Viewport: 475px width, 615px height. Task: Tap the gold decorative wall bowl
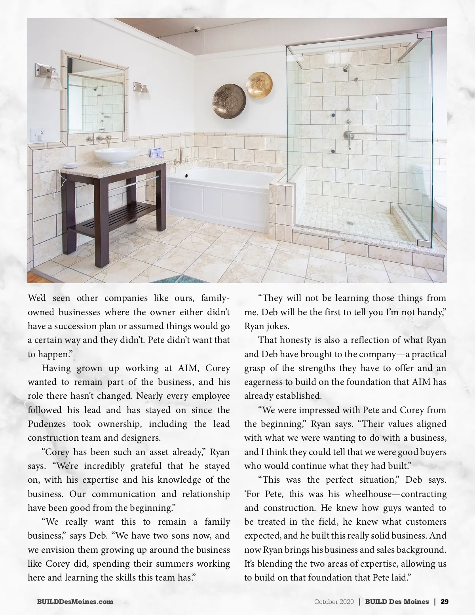[259, 84]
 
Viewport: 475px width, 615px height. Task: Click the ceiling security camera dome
[196, 29]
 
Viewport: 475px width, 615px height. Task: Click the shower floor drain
[350, 223]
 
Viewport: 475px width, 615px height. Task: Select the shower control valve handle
[350, 136]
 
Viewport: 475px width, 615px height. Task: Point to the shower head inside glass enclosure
[347, 68]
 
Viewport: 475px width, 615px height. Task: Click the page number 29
[445, 602]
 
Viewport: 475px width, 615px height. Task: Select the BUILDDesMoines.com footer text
[75, 602]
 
